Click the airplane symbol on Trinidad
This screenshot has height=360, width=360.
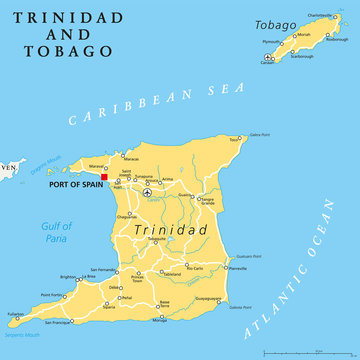click(x=147, y=192)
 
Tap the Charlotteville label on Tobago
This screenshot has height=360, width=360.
click(x=317, y=15)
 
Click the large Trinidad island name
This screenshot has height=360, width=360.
click(x=165, y=230)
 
